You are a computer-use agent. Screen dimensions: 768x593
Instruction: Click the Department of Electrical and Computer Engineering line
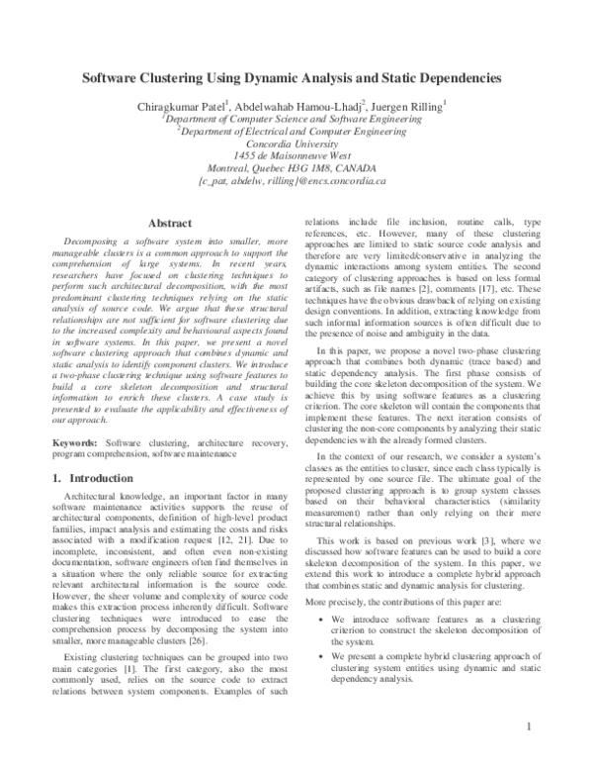tap(305, 130)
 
